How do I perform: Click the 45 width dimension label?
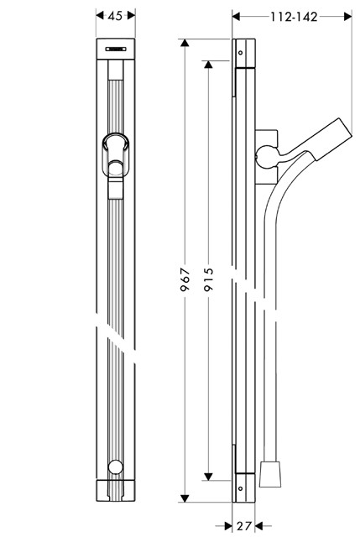115,16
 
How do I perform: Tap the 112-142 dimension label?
294,17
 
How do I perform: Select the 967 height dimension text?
185,279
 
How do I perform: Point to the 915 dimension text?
208,279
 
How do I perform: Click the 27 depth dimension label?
244,526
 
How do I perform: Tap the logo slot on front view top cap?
116,49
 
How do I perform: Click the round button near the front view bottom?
116,467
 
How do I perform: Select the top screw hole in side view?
241,53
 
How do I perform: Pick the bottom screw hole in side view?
241,488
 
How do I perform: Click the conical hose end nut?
270,474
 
